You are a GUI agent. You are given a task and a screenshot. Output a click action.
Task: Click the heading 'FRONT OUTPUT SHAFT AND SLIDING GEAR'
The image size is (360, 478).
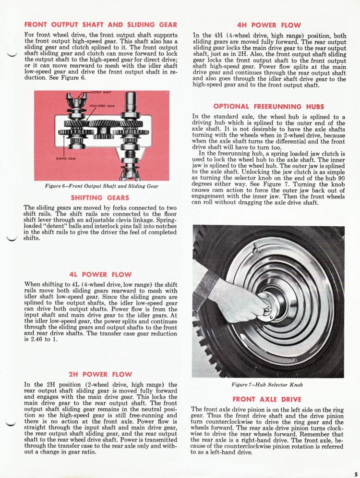[x=100, y=25]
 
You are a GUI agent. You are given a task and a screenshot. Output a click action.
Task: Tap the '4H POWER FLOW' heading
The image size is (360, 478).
[x=269, y=25]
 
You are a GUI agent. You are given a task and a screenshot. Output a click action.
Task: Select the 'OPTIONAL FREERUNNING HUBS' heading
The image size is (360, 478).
[x=269, y=106]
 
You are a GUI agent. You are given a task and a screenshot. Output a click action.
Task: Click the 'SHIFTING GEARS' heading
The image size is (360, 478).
[x=100, y=197]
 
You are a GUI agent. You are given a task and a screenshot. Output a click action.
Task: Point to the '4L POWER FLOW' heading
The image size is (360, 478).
[x=100, y=274]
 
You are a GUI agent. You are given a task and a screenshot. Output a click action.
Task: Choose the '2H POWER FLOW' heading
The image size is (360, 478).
[x=100, y=374]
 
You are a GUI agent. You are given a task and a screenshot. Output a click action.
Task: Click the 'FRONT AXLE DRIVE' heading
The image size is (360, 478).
[x=267, y=399]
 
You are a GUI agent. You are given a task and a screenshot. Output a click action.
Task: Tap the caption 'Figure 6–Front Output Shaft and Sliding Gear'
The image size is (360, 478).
[x=101, y=186]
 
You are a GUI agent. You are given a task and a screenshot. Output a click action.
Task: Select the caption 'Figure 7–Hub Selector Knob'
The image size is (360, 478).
[x=267, y=385]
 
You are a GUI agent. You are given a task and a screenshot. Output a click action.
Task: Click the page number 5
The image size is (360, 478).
[x=356, y=474]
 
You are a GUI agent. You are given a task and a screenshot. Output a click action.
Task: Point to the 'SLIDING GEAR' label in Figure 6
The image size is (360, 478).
[x=66, y=159]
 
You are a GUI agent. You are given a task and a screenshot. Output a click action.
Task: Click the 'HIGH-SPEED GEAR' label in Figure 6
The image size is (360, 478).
[x=102, y=106]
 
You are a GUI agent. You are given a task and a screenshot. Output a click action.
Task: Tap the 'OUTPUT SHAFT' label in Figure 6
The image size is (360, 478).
[x=101, y=92]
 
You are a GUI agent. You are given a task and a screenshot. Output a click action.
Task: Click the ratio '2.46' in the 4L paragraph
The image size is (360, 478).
[x=35, y=339]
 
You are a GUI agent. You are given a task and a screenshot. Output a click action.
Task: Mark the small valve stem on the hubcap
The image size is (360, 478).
[x=256, y=249]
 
